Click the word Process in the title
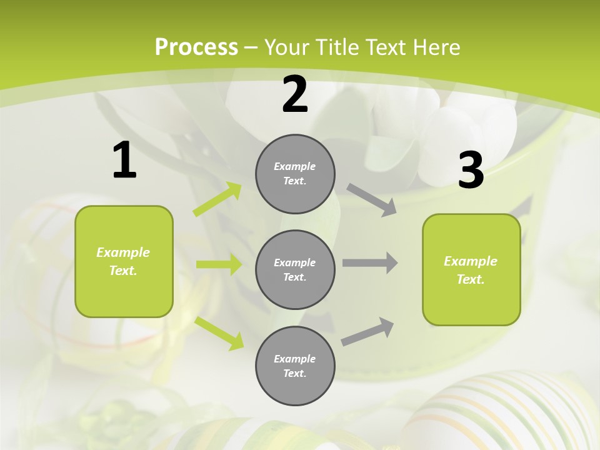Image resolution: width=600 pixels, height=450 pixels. pyautogui.click(x=196, y=47)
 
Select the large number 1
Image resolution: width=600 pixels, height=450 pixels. pyautogui.click(x=124, y=161)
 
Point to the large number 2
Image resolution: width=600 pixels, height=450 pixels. pyautogui.click(x=295, y=94)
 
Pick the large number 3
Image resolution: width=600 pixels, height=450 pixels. pyautogui.click(x=471, y=170)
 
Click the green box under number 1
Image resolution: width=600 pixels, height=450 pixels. pyautogui.click(x=124, y=261)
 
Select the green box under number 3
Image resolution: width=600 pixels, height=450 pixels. pyautogui.click(x=471, y=269)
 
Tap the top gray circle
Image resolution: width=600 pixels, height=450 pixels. pyautogui.click(x=295, y=174)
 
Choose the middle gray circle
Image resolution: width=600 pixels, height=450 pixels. pyautogui.click(x=295, y=269)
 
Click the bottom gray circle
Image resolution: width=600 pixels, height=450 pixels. pyautogui.click(x=295, y=366)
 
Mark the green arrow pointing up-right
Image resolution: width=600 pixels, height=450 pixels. pyautogui.click(x=217, y=199)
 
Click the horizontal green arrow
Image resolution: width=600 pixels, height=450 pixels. pyautogui.click(x=219, y=264)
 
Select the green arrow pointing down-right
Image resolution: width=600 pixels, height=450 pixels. pyautogui.click(x=219, y=333)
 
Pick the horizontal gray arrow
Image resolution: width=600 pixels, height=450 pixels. pyautogui.click(x=370, y=263)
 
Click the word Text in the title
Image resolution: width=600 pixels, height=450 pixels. pyautogui.click(x=382, y=47)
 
